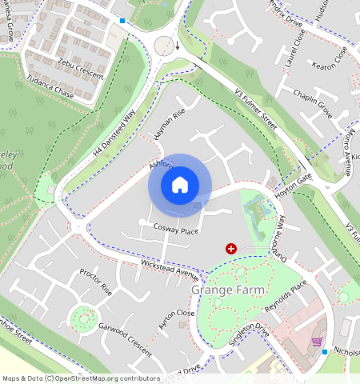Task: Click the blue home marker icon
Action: pos(180,185)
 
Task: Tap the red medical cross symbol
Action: pos(231,250)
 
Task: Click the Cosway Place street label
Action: pos(175,230)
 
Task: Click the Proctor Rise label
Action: pos(95,282)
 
